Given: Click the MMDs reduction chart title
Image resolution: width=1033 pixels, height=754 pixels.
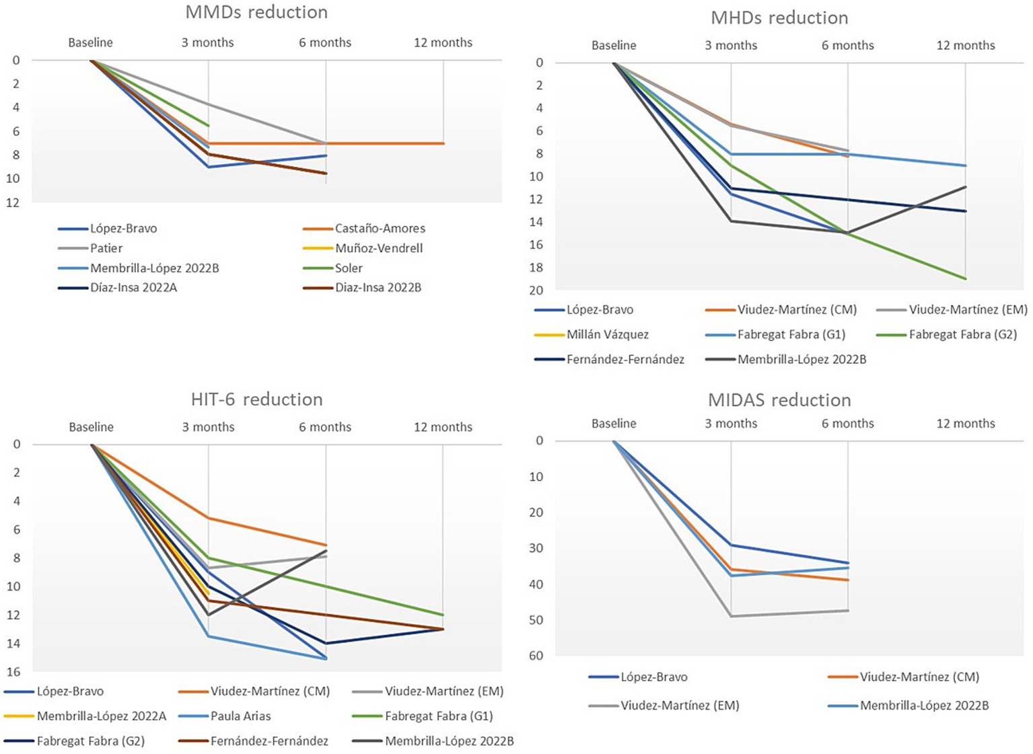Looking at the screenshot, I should click(256, 12).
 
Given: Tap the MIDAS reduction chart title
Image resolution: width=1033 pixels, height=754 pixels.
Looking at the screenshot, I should click(779, 400).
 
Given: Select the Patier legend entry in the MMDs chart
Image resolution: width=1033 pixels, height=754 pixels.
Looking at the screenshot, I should click(106, 248).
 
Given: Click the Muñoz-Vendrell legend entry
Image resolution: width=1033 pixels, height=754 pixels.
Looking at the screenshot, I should click(379, 248).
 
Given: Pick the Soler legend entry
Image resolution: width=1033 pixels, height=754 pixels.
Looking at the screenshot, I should click(349, 268).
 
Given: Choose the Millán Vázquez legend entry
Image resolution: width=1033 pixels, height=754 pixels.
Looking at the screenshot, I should click(607, 334).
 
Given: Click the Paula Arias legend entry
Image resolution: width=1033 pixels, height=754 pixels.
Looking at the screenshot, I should click(240, 716).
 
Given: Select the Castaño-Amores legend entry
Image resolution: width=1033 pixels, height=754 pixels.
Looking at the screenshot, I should click(380, 229).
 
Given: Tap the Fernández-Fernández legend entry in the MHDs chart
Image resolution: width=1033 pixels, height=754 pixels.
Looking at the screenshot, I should click(625, 359).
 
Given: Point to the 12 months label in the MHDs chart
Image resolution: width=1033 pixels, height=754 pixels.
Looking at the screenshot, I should click(965, 46).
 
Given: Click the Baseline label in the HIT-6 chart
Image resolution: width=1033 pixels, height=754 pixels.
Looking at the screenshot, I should click(91, 427).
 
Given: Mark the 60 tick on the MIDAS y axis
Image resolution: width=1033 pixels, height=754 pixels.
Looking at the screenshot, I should click(536, 656).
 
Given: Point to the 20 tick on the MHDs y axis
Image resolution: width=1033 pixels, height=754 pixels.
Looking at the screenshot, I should click(536, 291).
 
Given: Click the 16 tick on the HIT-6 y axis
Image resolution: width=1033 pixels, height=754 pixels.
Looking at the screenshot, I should click(13, 672).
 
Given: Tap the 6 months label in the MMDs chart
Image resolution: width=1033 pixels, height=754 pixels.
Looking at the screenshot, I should click(325, 42).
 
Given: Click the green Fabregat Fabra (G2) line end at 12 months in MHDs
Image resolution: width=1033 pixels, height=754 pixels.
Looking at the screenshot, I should click(966, 278).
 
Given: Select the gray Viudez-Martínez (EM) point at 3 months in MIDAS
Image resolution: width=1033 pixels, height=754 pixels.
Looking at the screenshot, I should click(731, 616).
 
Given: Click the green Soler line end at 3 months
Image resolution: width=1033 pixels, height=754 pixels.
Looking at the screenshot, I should click(209, 126).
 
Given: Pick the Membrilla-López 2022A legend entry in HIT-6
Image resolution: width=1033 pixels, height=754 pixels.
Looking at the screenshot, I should click(101, 716).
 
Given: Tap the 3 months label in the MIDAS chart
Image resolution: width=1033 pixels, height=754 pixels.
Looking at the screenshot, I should click(731, 424).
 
